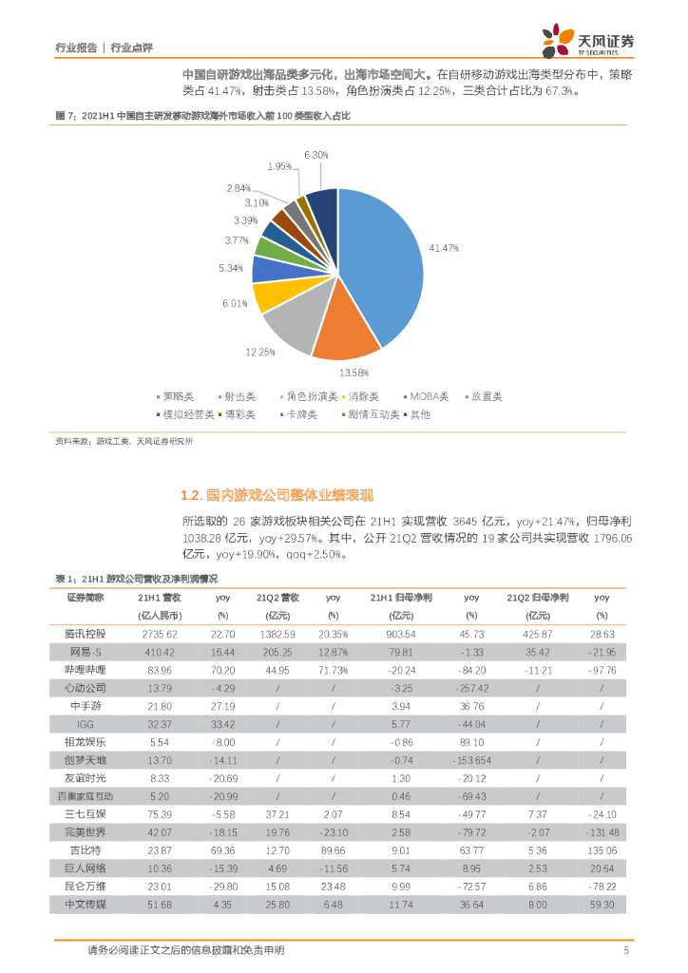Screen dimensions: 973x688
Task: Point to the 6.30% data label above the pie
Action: coord(316,154)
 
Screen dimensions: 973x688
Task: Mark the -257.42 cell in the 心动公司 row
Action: coord(471,687)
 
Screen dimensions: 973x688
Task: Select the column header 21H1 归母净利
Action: coord(401,598)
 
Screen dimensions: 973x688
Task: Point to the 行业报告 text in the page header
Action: coord(77,47)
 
